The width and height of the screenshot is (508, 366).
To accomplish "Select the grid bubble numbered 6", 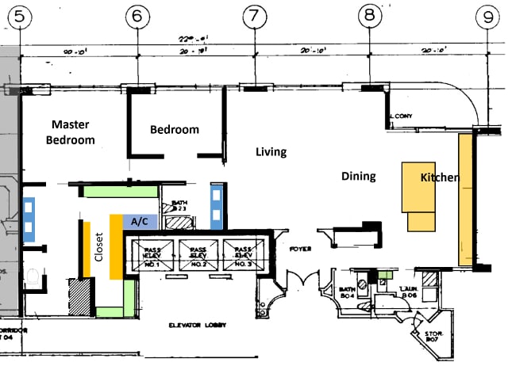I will [138, 15].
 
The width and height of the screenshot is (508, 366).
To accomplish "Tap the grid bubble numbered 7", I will [253, 15].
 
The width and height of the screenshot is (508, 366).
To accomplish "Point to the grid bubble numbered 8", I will [369, 15].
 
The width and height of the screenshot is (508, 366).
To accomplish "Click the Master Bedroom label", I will [73, 132].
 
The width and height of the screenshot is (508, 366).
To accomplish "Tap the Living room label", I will [270, 151].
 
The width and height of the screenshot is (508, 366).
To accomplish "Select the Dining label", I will [358, 176].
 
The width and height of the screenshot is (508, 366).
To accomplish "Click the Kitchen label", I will [439, 177].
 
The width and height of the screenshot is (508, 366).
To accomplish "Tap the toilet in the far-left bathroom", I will [33, 277].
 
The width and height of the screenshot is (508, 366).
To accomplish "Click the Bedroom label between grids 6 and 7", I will [175, 130].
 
